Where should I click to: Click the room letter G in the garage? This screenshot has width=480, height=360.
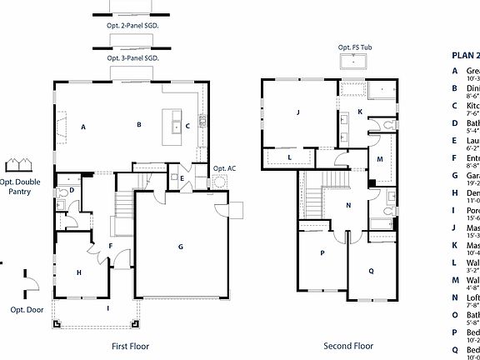pos(180,247)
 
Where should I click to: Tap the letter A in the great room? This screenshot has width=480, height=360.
pos(83,127)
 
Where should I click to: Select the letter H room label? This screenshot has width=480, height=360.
pos(79,272)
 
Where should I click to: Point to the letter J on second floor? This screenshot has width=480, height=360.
pos(297,111)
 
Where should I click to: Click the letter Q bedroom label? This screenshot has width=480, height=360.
pos(371,271)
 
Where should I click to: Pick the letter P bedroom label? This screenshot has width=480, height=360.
pos(322,253)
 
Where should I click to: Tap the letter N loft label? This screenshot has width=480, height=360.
pos(348,205)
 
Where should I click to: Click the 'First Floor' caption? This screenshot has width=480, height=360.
pos(132,345)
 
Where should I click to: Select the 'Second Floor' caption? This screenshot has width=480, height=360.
pos(349,345)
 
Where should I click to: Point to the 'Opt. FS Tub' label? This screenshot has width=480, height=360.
pos(356,48)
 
